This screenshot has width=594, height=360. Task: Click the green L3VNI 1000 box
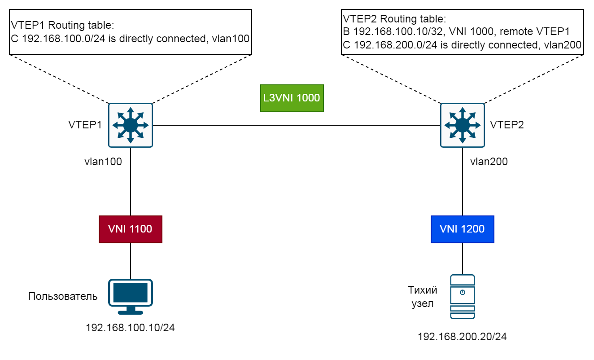point(292,98)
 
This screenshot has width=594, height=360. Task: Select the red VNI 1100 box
point(130,229)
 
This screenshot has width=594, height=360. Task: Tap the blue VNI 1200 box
point(462,229)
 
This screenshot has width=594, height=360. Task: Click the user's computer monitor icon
point(131,296)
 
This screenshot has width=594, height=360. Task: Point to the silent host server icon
point(463,297)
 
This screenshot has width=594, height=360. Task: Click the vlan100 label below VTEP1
point(103,162)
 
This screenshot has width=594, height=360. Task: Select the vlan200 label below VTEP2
point(489,162)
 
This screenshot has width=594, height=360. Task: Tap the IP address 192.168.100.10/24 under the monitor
point(130,328)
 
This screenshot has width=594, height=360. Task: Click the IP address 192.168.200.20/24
point(462,337)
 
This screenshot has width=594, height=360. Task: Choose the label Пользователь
point(63,296)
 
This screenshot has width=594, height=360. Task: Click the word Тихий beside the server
point(422,290)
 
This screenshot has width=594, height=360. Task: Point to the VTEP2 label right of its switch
point(507,125)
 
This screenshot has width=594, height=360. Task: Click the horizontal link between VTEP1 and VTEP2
point(296,125)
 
